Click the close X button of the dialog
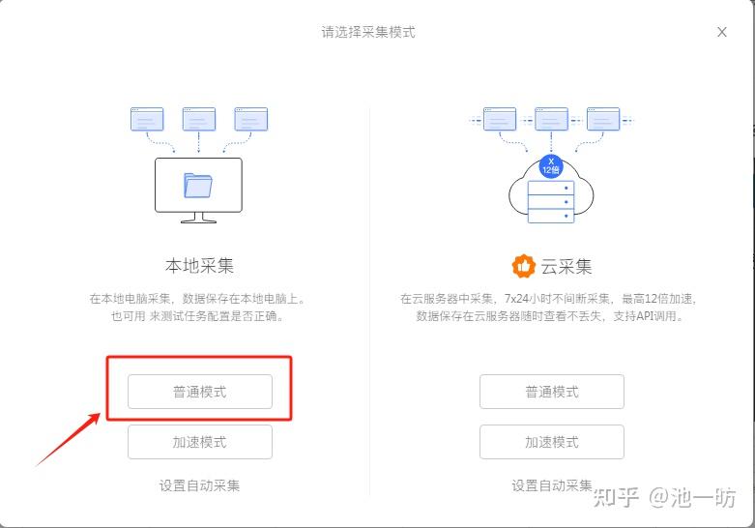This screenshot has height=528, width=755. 721,32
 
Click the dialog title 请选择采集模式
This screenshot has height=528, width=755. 368,32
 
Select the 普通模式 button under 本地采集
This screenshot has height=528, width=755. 200,392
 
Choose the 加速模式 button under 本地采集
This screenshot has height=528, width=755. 200,442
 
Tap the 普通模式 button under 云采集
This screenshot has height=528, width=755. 552,392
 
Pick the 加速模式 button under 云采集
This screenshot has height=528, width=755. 552,442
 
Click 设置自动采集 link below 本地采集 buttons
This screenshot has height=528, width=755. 200,485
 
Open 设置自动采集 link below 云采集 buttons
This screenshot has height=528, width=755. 552,485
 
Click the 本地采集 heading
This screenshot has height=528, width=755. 199,265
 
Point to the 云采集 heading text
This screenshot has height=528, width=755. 566,265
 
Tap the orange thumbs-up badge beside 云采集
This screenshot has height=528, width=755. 523,265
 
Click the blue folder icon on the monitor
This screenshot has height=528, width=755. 198,184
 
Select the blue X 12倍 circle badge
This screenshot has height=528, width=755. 551,164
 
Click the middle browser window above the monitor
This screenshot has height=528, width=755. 199,119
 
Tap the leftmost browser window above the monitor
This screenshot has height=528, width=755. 147,119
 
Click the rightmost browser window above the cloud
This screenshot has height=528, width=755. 602,119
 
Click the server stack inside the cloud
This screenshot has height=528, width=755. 551,201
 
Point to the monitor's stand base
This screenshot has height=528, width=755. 198,219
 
